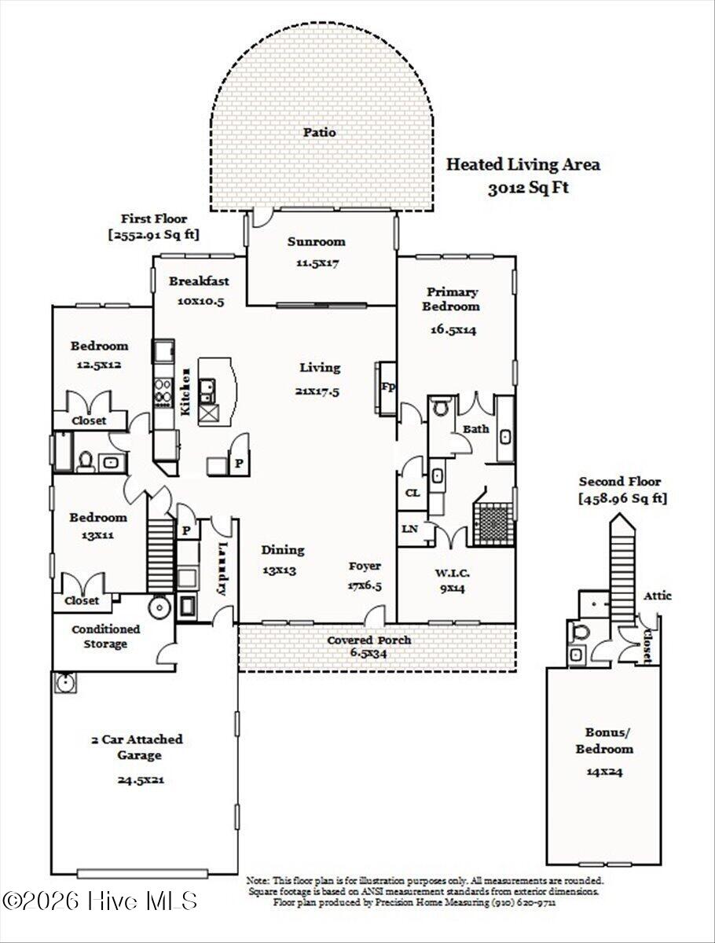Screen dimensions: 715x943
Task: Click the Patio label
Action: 320,132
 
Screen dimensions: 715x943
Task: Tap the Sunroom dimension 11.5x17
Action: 317,262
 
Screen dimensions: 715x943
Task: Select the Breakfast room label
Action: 199,281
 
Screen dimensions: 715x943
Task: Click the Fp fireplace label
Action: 388,387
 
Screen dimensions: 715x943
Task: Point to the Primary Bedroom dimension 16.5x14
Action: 453,330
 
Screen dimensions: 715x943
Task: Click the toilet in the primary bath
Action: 440,406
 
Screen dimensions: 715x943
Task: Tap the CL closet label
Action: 412,493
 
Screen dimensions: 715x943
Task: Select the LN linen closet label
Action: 409,529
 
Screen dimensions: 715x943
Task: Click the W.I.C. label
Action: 453,573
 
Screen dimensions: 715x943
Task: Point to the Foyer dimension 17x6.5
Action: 365,585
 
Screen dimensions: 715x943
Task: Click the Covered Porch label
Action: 368,640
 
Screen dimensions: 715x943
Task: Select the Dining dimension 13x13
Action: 280,571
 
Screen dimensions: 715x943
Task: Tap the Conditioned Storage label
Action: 105,637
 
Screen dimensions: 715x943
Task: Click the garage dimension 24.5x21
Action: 141,780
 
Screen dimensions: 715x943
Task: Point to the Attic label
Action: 658,596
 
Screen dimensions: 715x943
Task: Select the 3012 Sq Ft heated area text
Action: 528,189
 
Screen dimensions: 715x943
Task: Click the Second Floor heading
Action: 620,482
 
